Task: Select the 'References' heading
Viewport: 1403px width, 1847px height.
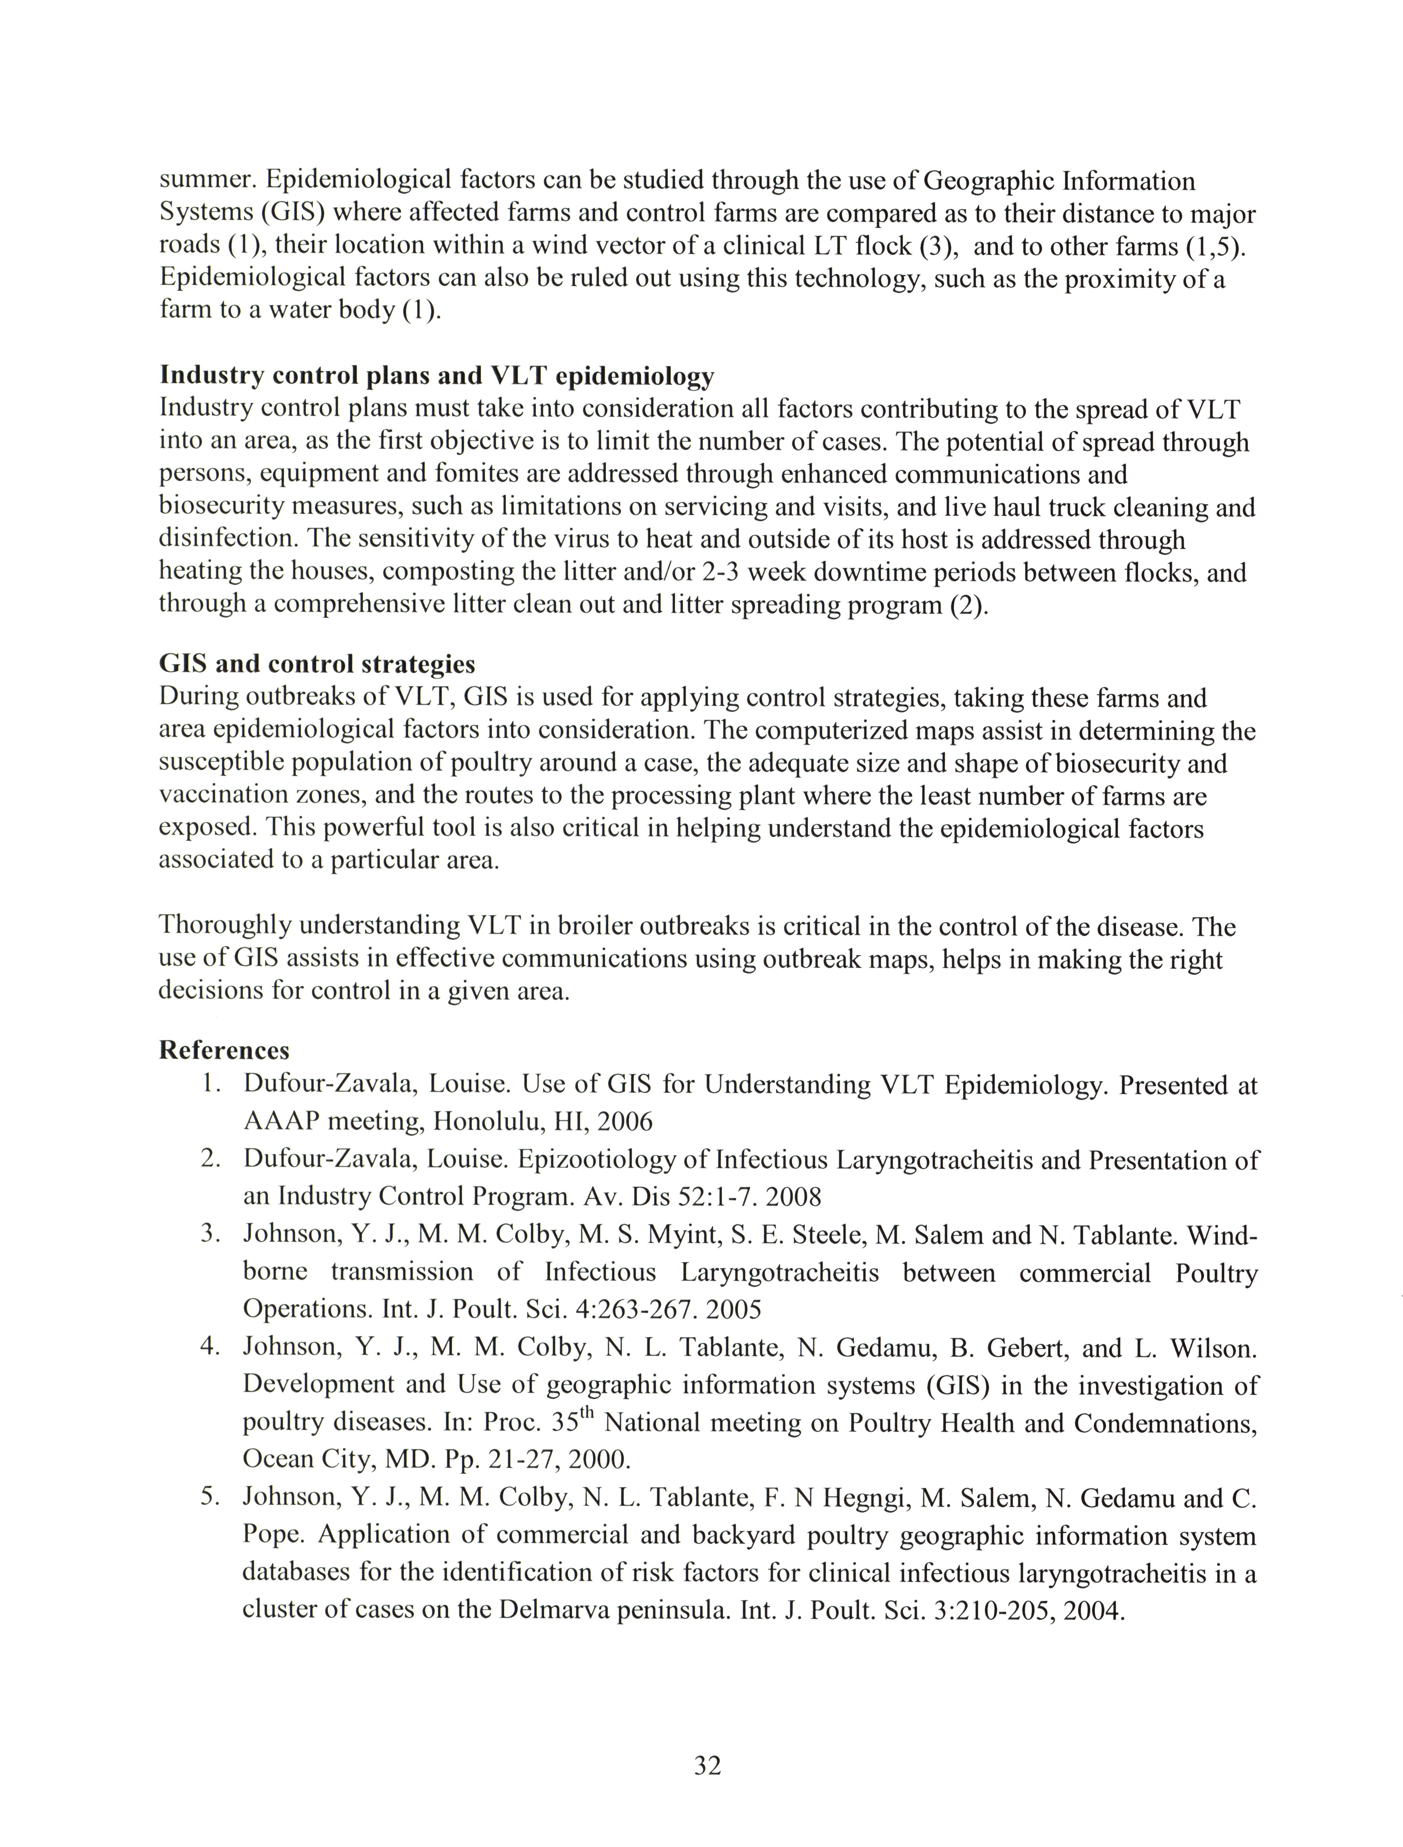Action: [224, 1050]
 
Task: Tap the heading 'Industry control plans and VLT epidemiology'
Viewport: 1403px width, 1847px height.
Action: [436, 376]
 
